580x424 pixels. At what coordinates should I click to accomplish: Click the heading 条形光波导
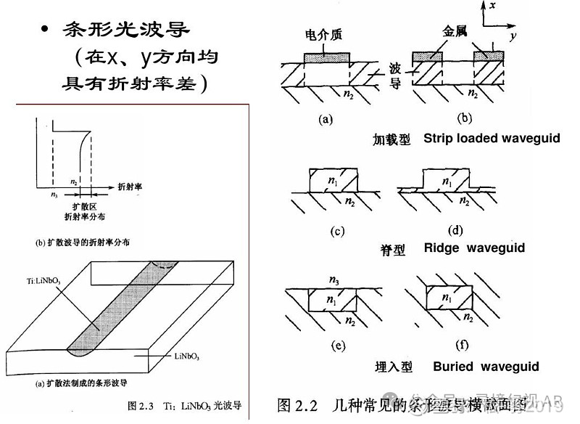[127, 30]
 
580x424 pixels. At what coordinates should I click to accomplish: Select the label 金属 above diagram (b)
[455, 33]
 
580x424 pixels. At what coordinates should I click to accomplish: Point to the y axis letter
[512, 34]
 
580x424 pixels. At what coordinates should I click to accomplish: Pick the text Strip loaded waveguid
[492, 138]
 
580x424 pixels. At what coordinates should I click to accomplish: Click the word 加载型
[392, 138]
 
